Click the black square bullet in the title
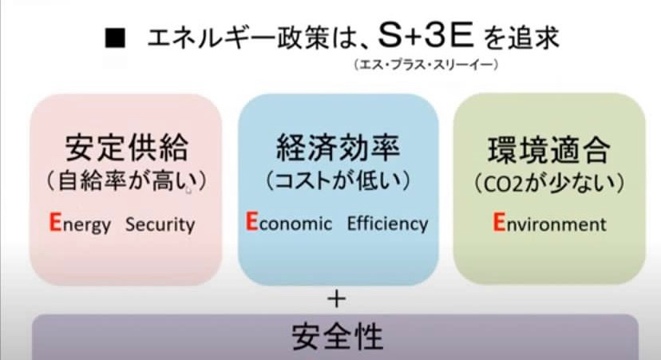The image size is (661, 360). coord(115,38)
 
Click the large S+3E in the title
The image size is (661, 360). coord(425,35)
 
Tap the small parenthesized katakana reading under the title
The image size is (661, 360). coord(426,65)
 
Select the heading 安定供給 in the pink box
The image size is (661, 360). coord(126,148)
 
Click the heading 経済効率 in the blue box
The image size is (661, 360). coord(338,148)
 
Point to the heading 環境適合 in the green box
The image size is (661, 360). coord(549,149)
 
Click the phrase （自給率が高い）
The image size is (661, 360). coord(126,181)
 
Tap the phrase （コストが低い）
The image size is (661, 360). coord(338,181)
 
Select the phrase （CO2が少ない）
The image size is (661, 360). coord(549,184)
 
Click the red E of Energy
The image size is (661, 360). coord(55,222)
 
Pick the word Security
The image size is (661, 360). coord(160,224)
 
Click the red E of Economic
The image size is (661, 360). coord(251,221)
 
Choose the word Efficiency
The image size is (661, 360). coord(387,224)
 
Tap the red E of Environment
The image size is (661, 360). coord(499,222)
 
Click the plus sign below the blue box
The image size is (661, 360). coord(337,299)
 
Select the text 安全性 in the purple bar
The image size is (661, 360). coord(337,337)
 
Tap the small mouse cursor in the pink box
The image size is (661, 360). coord(188,190)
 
